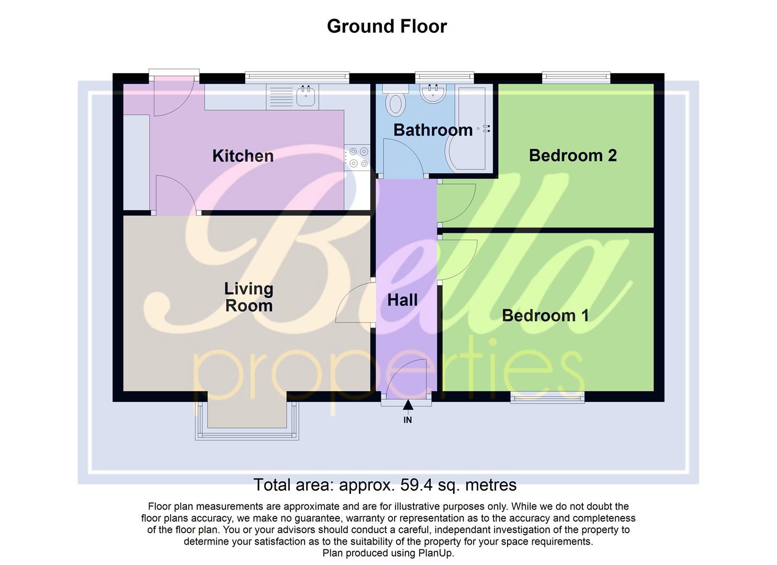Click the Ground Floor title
[387, 26]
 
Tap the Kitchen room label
[243, 155]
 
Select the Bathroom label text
[433, 130]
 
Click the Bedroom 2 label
[572, 155]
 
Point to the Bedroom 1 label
[545, 315]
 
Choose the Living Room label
[249, 297]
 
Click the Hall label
[402, 300]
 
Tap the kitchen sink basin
[306, 96]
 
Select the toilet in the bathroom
[396, 101]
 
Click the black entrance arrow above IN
[408, 405]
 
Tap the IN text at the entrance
[408, 420]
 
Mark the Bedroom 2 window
[576, 77]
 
